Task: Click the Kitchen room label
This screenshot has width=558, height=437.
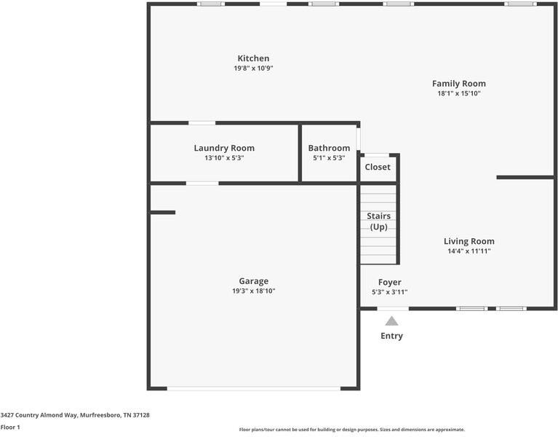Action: pyautogui.click(x=253, y=58)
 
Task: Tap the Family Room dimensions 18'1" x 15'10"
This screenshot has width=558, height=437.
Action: pyautogui.click(x=458, y=93)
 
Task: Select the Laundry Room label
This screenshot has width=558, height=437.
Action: pyautogui.click(x=224, y=148)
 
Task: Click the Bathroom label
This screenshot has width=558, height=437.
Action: pyautogui.click(x=329, y=148)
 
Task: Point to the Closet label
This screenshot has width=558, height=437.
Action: pyautogui.click(x=378, y=167)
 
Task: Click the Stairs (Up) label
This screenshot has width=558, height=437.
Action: pyautogui.click(x=378, y=221)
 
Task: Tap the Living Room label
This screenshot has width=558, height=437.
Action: pyautogui.click(x=469, y=241)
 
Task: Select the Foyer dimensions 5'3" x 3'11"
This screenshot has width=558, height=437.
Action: pyautogui.click(x=389, y=292)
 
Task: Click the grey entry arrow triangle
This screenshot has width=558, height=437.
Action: pyautogui.click(x=391, y=320)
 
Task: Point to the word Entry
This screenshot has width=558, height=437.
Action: pyautogui.click(x=391, y=336)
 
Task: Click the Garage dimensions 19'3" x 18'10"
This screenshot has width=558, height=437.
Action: pyautogui.click(x=253, y=291)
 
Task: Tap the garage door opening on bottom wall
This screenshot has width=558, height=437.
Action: pyautogui.click(x=254, y=388)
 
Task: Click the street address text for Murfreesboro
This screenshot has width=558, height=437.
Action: pyautogui.click(x=75, y=414)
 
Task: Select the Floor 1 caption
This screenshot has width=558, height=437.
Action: pyautogui.click(x=10, y=427)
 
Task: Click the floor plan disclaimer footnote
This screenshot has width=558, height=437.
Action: pyautogui.click(x=351, y=430)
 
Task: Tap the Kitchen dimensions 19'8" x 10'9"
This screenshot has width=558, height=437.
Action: pyautogui.click(x=253, y=68)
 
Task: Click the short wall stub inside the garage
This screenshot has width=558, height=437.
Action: pyautogui.click(x=163, y=213)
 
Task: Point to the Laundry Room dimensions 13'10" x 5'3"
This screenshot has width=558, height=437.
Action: pyautogui.click(x=224, y=157)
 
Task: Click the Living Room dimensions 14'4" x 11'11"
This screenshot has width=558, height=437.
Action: pyautogui.click(x=469, y=251)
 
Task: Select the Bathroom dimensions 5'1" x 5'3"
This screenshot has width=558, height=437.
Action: pyautogui.click(x=329, y=157)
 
